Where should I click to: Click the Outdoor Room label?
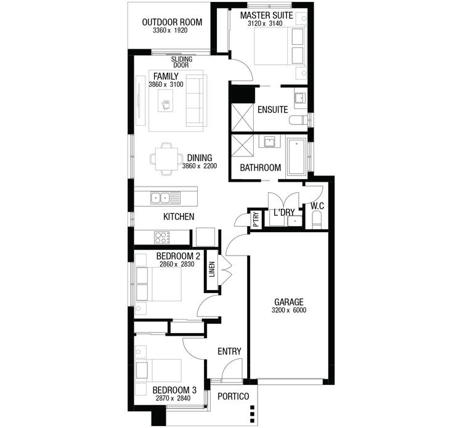coord(172,23)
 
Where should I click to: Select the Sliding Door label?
coord(181,62)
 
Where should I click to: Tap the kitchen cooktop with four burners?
coord(162,237)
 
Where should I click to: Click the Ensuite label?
coord(273,110)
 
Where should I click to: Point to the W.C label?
coord(318,205)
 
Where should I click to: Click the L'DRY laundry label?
coord(283,212)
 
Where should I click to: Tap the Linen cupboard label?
coord(212,269)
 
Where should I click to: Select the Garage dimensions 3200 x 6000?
coord(289,310)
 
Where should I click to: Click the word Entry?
coord(229,352)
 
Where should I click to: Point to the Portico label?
coord(234,396)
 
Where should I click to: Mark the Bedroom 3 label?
coord(174,390)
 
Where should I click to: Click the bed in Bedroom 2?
coord(159,284)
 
